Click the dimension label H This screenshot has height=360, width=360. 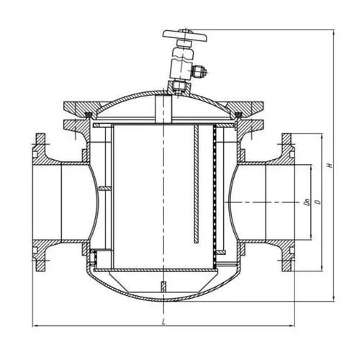330,165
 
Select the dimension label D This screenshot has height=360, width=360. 318,202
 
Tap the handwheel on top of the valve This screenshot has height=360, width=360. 185,35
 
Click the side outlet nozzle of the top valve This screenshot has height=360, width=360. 199,71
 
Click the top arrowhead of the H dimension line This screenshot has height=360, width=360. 333,33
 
